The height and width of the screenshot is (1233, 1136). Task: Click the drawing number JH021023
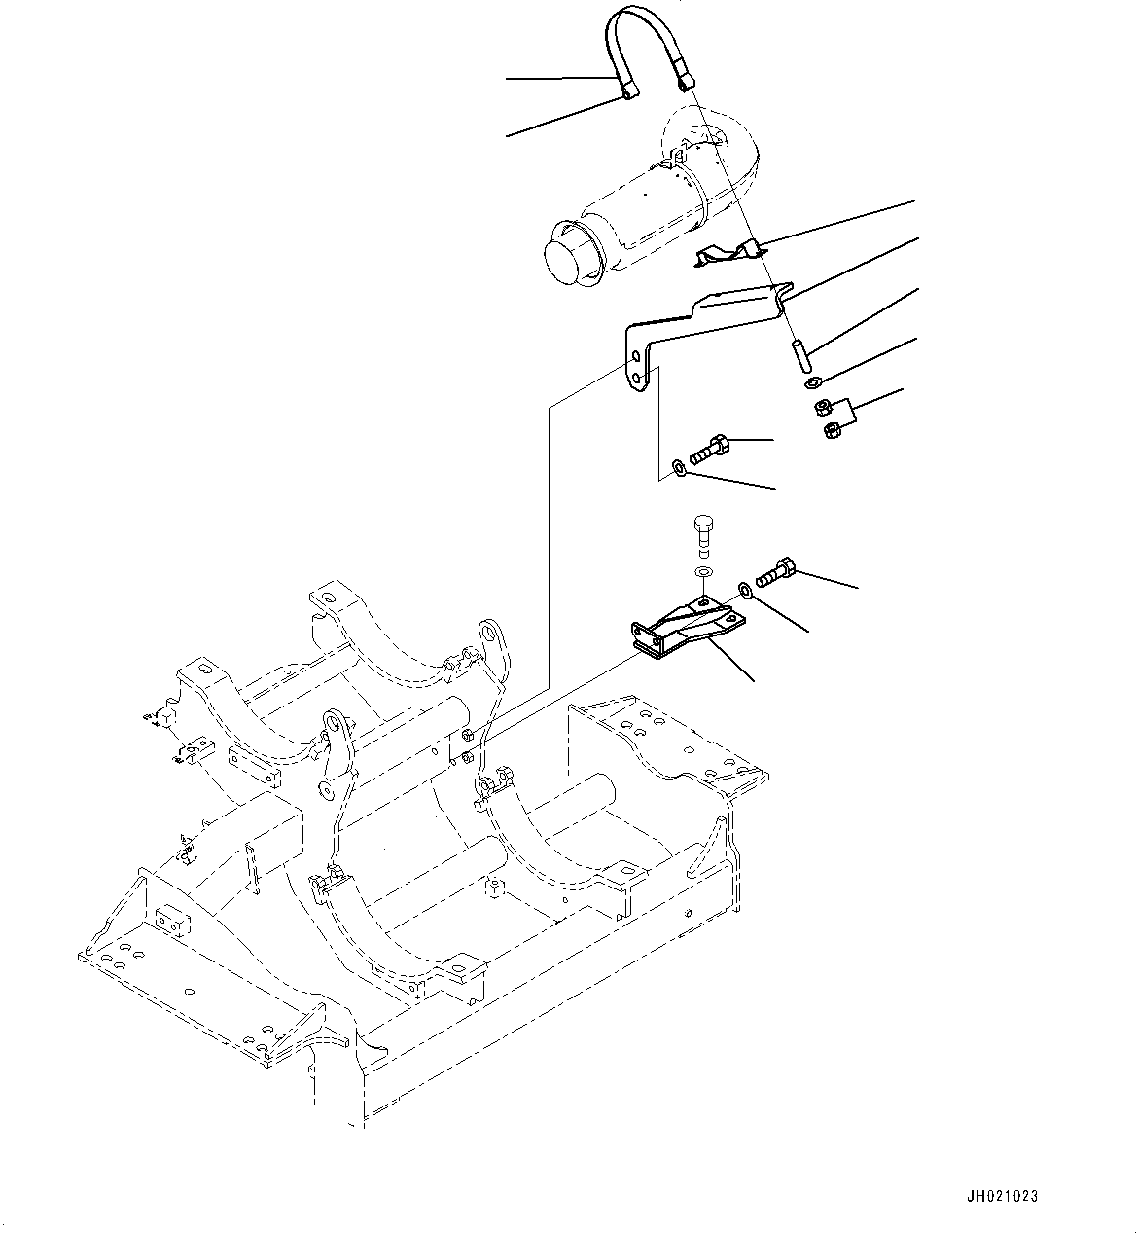pyautogui.click(x=1002, y=1196)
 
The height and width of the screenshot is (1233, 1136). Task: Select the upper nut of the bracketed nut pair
pyautogui.click(x=823, y=406)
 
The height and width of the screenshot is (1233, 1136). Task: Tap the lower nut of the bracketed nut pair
pyautogui.click(x=831, y=429)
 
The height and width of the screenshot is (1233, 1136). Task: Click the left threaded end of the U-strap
pyautogui.click(x=628, y=91)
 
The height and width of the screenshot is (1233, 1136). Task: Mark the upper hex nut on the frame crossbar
pyautogui.click(x=468, y=734)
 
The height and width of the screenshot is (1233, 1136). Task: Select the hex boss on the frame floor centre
pyautogui.click(x=495, y=887)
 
